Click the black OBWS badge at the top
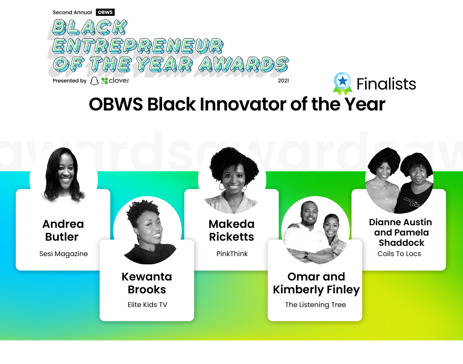point(105,12)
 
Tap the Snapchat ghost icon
point(94,81)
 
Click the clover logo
point(115,81)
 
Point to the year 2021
point(283,81)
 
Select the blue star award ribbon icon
point(343,83)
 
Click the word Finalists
point(386,84)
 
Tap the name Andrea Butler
point(63,230)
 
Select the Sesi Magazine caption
point(63,254)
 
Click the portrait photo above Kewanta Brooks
point(147,230)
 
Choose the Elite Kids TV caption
point(147,305)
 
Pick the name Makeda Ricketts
point(231,230)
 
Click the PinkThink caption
point(232,254)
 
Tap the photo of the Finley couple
point(316,230)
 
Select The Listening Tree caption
point(316,305)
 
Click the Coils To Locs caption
point(399,254)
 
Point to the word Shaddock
point(402,243)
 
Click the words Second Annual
point(72,12)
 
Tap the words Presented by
point(69,81)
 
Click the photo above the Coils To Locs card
point(399,179)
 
